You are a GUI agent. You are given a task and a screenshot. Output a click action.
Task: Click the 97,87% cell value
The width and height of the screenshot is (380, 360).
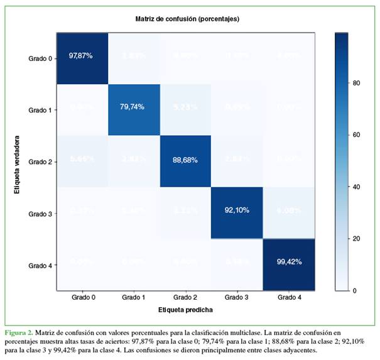80,56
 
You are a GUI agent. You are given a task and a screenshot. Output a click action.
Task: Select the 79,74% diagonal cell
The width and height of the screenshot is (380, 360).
132,107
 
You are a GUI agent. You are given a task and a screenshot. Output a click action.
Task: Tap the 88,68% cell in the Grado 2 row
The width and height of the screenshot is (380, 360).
185,160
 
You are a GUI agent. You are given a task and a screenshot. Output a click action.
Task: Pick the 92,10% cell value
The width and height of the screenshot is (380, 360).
236,213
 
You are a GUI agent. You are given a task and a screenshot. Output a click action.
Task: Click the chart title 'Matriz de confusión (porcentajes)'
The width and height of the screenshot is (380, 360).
187,19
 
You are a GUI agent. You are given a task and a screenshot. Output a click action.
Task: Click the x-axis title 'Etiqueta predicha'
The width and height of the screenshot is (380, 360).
185,310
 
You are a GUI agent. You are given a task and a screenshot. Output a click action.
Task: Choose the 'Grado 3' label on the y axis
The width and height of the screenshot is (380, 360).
41,214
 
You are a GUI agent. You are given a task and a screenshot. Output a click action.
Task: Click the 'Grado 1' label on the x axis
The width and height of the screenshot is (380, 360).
133,298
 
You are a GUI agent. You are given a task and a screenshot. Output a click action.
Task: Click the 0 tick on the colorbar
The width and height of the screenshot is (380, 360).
356,290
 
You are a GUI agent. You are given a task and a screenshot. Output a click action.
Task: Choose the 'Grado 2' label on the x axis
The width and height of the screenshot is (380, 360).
185,298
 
